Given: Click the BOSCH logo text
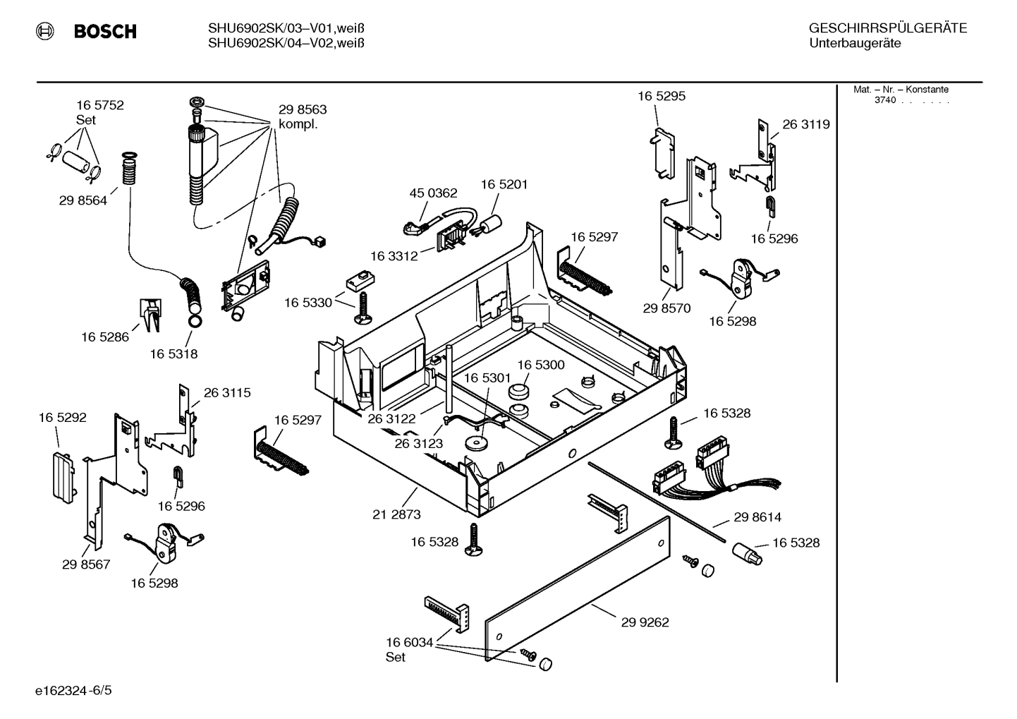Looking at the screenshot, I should coord(104,32).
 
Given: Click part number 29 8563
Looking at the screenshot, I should coord(303,110).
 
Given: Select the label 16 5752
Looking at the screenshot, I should coord(100,105).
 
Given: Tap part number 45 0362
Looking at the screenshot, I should coord(433,193).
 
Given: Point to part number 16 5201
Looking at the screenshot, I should coord(504,184).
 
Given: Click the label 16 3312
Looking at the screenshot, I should coord(394,255).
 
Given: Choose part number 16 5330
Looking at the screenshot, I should coord(308,303).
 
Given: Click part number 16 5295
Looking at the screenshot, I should coord(662,96).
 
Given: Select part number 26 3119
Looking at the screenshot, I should coord(806,124).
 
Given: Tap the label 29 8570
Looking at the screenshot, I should coord(666,308).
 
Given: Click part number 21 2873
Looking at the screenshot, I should coord(396,514).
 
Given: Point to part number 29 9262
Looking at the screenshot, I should coord(645,622).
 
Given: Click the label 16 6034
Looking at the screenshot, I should coord(409,642).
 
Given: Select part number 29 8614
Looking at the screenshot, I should coord(757,517).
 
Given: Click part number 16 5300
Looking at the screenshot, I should coord(541,365).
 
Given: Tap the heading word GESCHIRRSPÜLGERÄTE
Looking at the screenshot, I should coord(887,29).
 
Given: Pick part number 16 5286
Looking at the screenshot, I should coord(105,337).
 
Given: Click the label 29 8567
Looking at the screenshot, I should coord(86,564).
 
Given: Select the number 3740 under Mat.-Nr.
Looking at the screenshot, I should coord(885,100).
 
